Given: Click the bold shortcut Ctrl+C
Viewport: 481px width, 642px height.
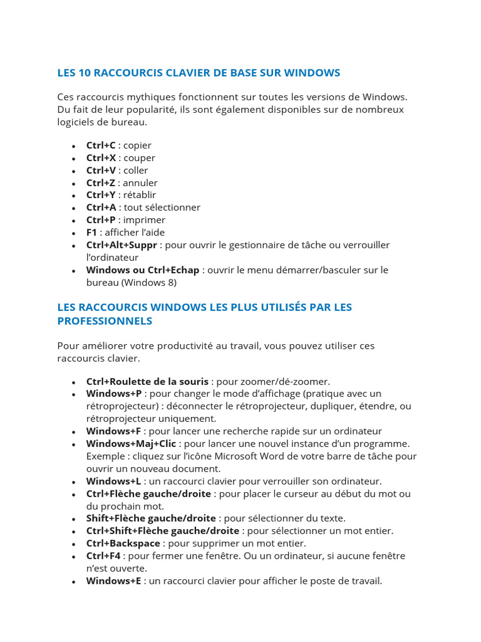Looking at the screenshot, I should click(x=101, y=145).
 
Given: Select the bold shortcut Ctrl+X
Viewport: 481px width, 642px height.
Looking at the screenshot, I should click(x=101, y=158).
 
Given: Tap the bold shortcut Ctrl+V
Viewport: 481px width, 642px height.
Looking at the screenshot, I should click(x=101, y=171).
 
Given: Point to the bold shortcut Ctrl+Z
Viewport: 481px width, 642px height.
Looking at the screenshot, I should click(x=101, y=183).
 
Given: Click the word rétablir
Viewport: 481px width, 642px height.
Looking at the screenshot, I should click(x=139, y=195).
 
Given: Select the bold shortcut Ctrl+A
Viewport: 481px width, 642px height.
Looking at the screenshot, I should click(x=101, y=208).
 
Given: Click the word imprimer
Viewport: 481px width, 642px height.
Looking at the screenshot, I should click(x=144, y=220).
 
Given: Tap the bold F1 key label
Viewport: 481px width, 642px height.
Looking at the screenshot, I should click(x=91, y=233).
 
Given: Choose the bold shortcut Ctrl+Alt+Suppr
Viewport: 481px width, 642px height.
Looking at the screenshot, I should click(x=122, y=245).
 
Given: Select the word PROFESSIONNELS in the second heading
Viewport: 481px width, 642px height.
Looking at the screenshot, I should click(x=105, y=321).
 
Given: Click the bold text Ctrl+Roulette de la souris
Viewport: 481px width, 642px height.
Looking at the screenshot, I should click(x=147, y=381).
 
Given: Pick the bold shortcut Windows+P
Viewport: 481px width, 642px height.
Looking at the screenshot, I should click(x=114, y=394).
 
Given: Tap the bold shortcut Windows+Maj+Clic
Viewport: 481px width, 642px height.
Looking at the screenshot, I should click(x=131, y=444).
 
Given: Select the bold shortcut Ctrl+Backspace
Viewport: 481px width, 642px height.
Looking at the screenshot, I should click(x=123, y=544).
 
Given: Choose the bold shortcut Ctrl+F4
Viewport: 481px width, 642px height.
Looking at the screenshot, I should click(x=103, y=556).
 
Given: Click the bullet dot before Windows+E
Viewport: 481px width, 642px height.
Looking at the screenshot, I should click(x=74, y=582).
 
